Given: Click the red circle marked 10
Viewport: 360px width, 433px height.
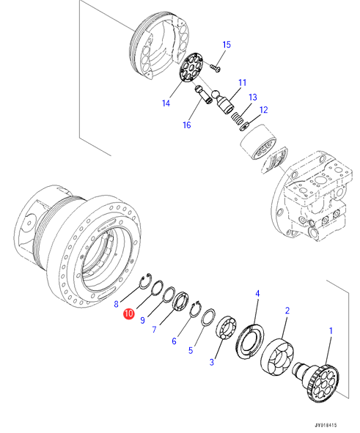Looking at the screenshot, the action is [x=129, y=314].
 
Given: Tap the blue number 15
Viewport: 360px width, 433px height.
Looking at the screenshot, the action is [x=227, y=45].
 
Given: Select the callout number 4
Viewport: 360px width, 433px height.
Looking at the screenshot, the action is [x=257, y=293].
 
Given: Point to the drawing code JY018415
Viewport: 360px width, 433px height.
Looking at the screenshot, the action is [x=326, y=426].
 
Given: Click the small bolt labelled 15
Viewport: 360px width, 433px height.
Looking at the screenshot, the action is [x=215, y=67].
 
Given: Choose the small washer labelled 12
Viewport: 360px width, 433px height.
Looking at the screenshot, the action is [x=244, y=126].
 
